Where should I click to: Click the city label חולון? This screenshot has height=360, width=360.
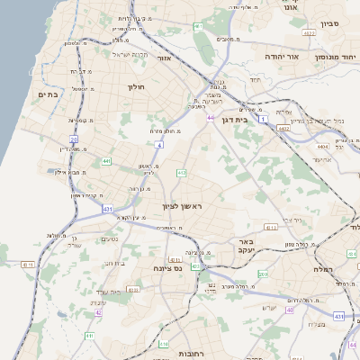[137, 86]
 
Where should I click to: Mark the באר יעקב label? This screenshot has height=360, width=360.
[247, 246]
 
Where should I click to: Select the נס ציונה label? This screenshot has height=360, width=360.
[168, 267]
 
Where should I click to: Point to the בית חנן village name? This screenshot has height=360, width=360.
[114, 263]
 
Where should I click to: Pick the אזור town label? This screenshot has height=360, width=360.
[164, 58]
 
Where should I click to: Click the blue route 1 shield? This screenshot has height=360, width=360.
[263, 119]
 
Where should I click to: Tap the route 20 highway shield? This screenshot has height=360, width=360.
[74, 139]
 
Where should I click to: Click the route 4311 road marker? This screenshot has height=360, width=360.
[28, 265]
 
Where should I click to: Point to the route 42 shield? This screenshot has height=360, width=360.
[98, 313]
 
